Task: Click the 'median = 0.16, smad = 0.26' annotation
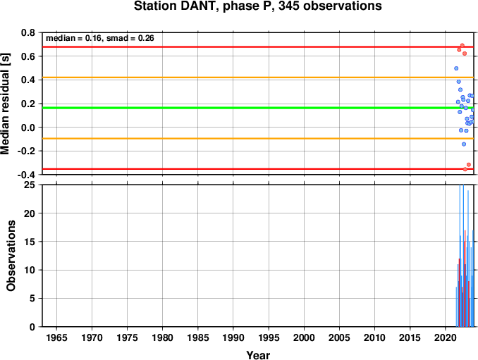pos(99,38)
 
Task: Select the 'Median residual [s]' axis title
pos(5,104)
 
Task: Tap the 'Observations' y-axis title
pos(11,256)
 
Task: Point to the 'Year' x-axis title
pos(258,355)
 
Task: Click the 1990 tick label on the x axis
pos(233,337)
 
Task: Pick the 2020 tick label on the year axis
pos(446,337)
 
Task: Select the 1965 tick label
pos(56,337)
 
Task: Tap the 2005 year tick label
pos(339,337)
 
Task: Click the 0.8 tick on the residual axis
pos(28,32)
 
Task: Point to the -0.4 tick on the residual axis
pos(26,175)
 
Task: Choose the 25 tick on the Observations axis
pos(30,185)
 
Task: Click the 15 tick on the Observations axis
pos(30,242)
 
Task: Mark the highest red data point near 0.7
pos(462,45)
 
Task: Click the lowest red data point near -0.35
pos(465,169)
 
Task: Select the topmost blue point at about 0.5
pos(456,68)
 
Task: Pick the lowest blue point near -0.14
pos(464,144)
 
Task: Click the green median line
pos(258,108)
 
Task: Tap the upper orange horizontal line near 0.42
pos(258,77)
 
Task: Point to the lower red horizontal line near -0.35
pos(258,169)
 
